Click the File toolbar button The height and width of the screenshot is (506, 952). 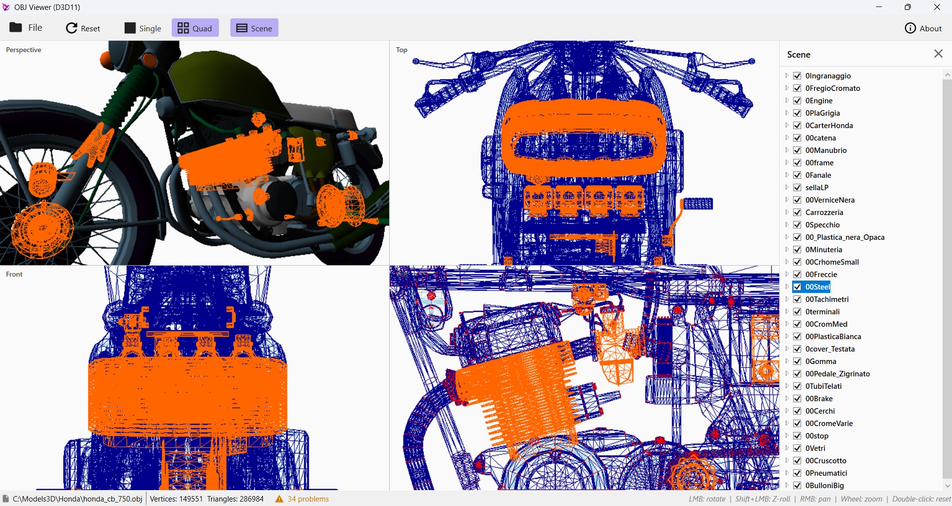click(26, 28)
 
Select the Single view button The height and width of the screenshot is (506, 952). click(142, 28)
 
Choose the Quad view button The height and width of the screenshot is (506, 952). click(195, 28)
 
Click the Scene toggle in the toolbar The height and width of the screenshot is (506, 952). click(254, 28)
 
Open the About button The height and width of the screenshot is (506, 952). click(923, 28)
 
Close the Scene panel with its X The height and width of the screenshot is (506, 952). click(938, 54)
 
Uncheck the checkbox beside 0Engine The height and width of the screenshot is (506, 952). click(798, 101)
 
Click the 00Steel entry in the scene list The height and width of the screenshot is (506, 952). click(817, 287)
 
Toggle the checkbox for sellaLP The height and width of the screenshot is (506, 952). click(798, 188)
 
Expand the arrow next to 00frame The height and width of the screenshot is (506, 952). click(787, 163)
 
